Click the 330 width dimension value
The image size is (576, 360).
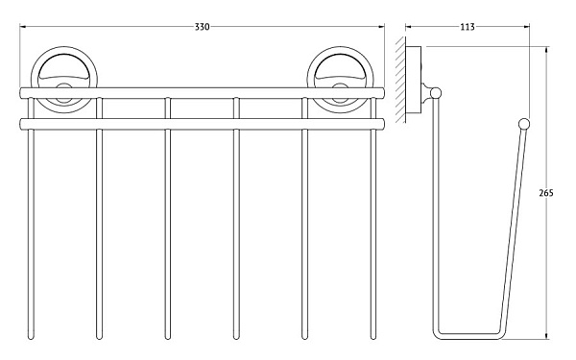[x=202, y=27]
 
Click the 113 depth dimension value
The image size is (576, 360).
[x=468, y=27]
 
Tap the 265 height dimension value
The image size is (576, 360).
[x=546, y=193]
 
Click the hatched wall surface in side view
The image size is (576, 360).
[x=400, y=80]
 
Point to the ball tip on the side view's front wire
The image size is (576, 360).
[x=524, y=124]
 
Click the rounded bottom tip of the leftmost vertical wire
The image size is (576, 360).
[x=31, y=337]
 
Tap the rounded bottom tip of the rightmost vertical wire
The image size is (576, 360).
[x=373, y=337]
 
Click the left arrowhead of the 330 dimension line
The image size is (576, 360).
[x=20, y=27]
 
